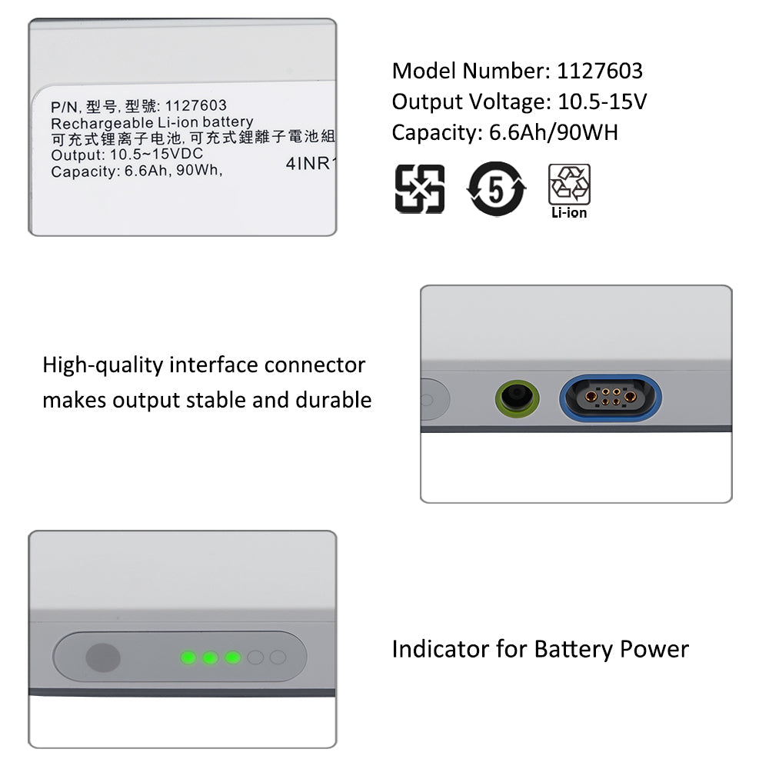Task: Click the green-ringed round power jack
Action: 517,398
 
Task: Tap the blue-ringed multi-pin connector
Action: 611,398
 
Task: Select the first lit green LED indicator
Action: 188,657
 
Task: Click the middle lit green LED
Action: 211,657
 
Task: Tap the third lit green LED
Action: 232,657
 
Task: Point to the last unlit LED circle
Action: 278,657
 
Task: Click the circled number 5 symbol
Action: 496,189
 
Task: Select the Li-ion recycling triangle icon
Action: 569,185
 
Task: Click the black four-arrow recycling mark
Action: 420,189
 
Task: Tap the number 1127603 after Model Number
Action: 600,71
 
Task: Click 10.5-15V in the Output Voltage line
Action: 602,102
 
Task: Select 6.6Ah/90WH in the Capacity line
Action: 554,133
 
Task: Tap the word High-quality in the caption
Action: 103,365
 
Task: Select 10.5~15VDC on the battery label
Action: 156,154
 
